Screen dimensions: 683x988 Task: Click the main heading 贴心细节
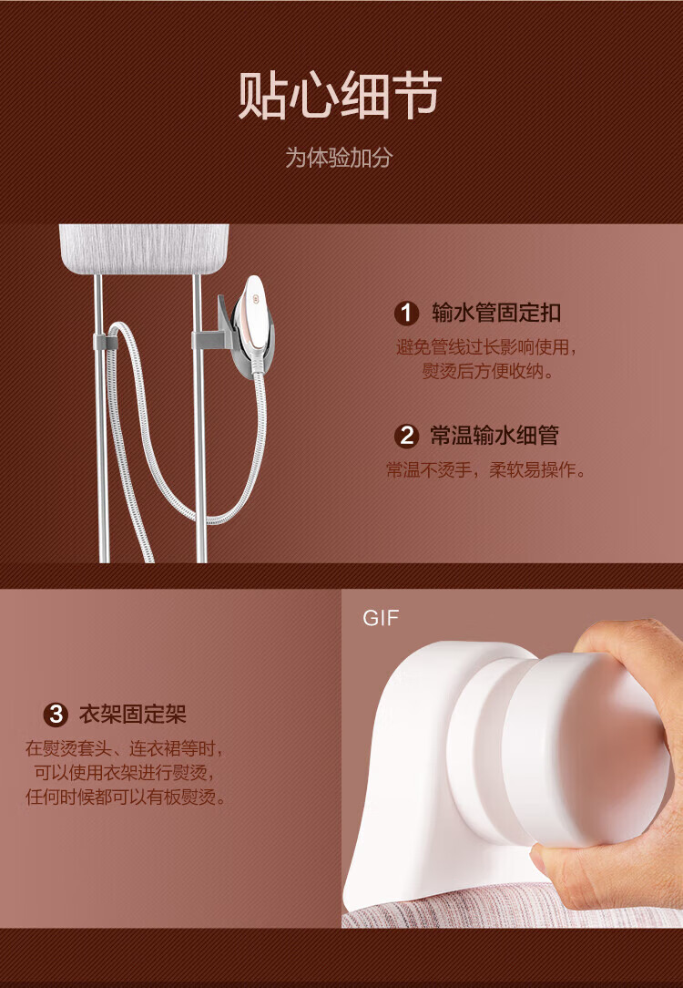[340, 96]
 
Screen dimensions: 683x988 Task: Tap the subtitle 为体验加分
[340, 158]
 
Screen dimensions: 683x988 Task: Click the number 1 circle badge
[407, 314]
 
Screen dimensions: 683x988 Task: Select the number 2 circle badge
[407, 436]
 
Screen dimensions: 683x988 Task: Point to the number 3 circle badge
[56, 715]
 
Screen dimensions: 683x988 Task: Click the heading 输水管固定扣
[496, 313]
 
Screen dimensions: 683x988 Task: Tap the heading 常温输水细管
[494, 436]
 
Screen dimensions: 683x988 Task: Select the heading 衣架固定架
[133, 715]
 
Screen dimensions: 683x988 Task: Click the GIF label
[381, 618]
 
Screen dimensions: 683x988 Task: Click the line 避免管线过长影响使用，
[486, 347]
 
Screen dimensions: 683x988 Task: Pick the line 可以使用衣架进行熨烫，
[125, 773]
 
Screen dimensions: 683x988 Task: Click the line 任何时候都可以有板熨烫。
[126, 798]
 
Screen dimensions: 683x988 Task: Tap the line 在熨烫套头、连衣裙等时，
[125, 749]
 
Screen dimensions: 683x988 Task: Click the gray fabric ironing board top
[144, 248]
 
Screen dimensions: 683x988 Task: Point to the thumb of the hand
[620, 643]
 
